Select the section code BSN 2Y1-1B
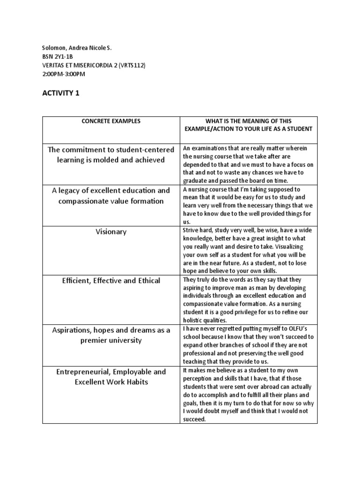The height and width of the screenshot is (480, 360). pos(57,57)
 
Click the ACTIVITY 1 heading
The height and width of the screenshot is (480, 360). pos(61,93)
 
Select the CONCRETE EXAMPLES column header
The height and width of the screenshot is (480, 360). pos(111,121)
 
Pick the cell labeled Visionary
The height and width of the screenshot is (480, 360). pos(111,232)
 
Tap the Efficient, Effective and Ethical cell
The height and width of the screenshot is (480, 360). pos(111,280)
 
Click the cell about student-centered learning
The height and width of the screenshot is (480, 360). pos(111,155)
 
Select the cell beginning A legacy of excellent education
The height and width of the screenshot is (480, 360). pos(111,196)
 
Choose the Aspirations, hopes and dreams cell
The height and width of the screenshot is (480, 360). pos(111,335)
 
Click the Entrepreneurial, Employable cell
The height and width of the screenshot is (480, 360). pos(111,376)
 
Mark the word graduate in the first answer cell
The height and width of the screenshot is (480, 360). pos(196,180)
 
